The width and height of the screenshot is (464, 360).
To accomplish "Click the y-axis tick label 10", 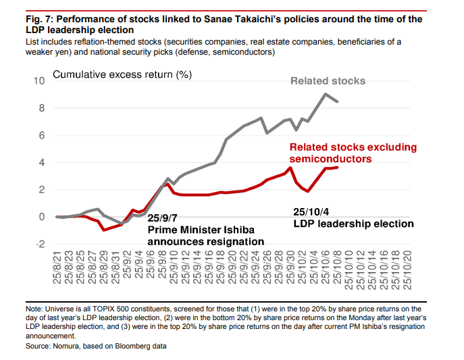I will tap(38, 81).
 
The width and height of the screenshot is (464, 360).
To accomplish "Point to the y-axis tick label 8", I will tap(41, 108).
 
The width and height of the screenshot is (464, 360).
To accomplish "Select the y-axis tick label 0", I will tap(41, 217).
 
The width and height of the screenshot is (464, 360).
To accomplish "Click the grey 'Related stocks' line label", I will tap(328, 81).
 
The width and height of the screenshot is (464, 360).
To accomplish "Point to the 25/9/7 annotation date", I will tap(164, 219).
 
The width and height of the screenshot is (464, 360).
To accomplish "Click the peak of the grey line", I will tap(326, 94).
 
